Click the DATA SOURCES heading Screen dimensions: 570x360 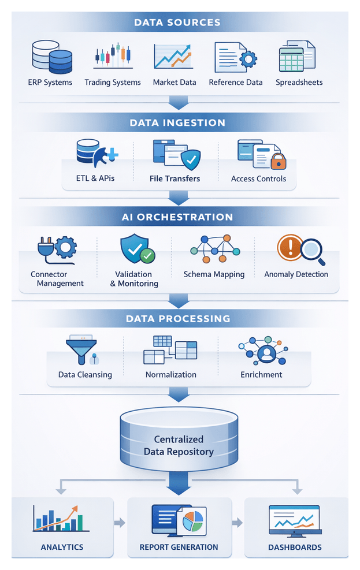click(177, 23)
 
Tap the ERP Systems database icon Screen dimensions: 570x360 click(51, 57)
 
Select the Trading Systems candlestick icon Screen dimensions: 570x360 click(113, 56)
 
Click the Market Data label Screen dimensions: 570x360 click(174, 83)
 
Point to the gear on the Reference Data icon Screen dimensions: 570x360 click(248, 61)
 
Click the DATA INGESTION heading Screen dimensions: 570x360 click(177, 123)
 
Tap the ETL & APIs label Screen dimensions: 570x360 click(95, 178)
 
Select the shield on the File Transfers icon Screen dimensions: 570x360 click(190, 158)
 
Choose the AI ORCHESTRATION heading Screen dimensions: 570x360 click(177, 218)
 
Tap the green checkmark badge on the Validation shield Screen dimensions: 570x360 click(148, 255)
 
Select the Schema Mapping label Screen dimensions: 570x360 click(214, 274)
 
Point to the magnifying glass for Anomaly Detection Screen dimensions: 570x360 click(312, 249)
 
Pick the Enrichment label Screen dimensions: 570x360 click(261, 374)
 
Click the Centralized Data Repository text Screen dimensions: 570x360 click(179, 445)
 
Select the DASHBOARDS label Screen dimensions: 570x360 click(295, 547)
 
